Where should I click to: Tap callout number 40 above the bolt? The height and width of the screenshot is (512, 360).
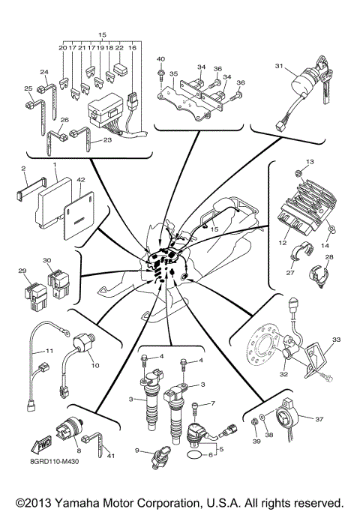[x=160, y=59]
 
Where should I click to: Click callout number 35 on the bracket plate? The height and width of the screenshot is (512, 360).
[x=172, y=75]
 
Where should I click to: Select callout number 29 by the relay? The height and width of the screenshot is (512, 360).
[x=23, y=271]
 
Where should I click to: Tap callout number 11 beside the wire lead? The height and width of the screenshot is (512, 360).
[x=49, y=351]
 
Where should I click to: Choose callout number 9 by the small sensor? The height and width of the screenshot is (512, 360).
[x=137, y=450]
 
